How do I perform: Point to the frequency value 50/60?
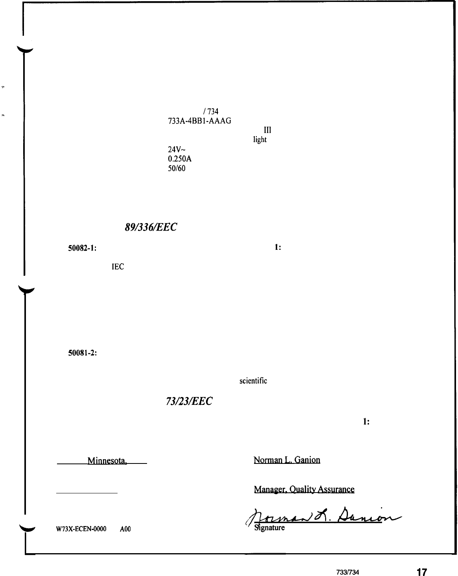point(177,168)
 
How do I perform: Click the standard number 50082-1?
point(83,248)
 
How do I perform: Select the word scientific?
point(253,381)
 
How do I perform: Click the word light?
point(259,140)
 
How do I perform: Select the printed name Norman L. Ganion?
point(287,460)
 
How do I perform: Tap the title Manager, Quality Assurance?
point(304,489)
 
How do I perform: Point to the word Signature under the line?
point(270,528)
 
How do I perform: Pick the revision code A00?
point(125,529)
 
